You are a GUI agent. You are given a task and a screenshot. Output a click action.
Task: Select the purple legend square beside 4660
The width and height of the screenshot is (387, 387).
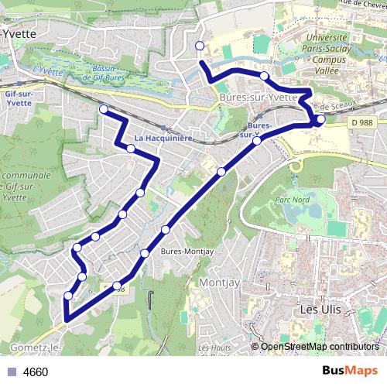point(12,372)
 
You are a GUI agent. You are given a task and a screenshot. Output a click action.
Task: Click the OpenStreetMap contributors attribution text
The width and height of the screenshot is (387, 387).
point(320,346)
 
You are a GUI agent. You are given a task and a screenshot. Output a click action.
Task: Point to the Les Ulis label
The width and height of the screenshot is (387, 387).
point(320,309)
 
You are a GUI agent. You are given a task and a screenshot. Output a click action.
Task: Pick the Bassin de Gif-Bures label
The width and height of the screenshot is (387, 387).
point(103,71)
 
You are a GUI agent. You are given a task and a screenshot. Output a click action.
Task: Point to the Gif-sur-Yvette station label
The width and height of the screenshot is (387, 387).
point(17,97)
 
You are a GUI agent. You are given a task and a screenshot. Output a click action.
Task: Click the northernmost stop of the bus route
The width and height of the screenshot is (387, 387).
point(200,46)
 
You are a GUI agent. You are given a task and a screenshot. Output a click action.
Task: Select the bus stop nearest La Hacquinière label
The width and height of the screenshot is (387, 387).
point(132,149)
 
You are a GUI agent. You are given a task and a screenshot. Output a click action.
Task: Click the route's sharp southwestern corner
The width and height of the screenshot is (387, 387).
point(67,319)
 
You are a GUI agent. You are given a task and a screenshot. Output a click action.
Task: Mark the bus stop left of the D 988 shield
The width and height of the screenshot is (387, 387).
point(320,119)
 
